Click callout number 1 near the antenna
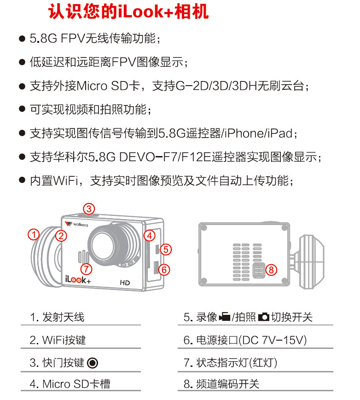pos(33,234)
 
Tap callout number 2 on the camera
pos(61,236)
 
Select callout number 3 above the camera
pos(89,208)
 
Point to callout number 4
pos(149,236)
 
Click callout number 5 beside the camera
pos(167,249)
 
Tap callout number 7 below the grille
pos(86,268)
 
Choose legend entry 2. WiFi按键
pos(58,340)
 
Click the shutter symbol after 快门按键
pos(93,363)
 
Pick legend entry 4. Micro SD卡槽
pos(70,384)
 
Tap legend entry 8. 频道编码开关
pos(221,384)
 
